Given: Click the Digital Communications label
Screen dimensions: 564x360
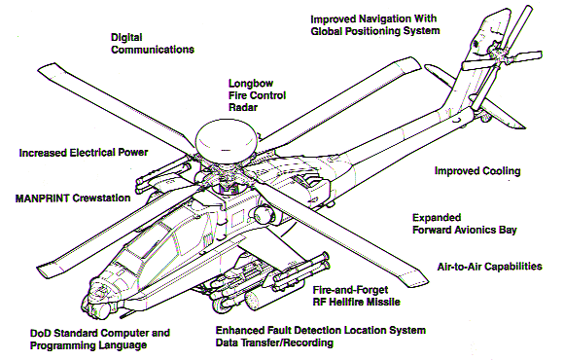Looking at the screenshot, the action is point(152,44).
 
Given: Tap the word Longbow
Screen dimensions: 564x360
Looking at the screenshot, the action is point(251,84).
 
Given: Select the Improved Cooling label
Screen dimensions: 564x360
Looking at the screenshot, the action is point(477,170).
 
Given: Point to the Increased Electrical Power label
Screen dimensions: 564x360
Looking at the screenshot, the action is point(84,153).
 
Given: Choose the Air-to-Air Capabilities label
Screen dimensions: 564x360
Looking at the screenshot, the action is point(489,267).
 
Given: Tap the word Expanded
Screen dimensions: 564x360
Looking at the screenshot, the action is point(437,218).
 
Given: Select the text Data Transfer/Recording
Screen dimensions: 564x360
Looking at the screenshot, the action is point(274,342).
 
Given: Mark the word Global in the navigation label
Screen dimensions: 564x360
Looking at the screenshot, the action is point(326,31).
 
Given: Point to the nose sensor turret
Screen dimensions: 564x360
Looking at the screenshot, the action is point(97,295).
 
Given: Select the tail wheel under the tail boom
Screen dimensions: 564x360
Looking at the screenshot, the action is point(485,116).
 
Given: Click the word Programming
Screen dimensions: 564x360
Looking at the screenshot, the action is point(59,346).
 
